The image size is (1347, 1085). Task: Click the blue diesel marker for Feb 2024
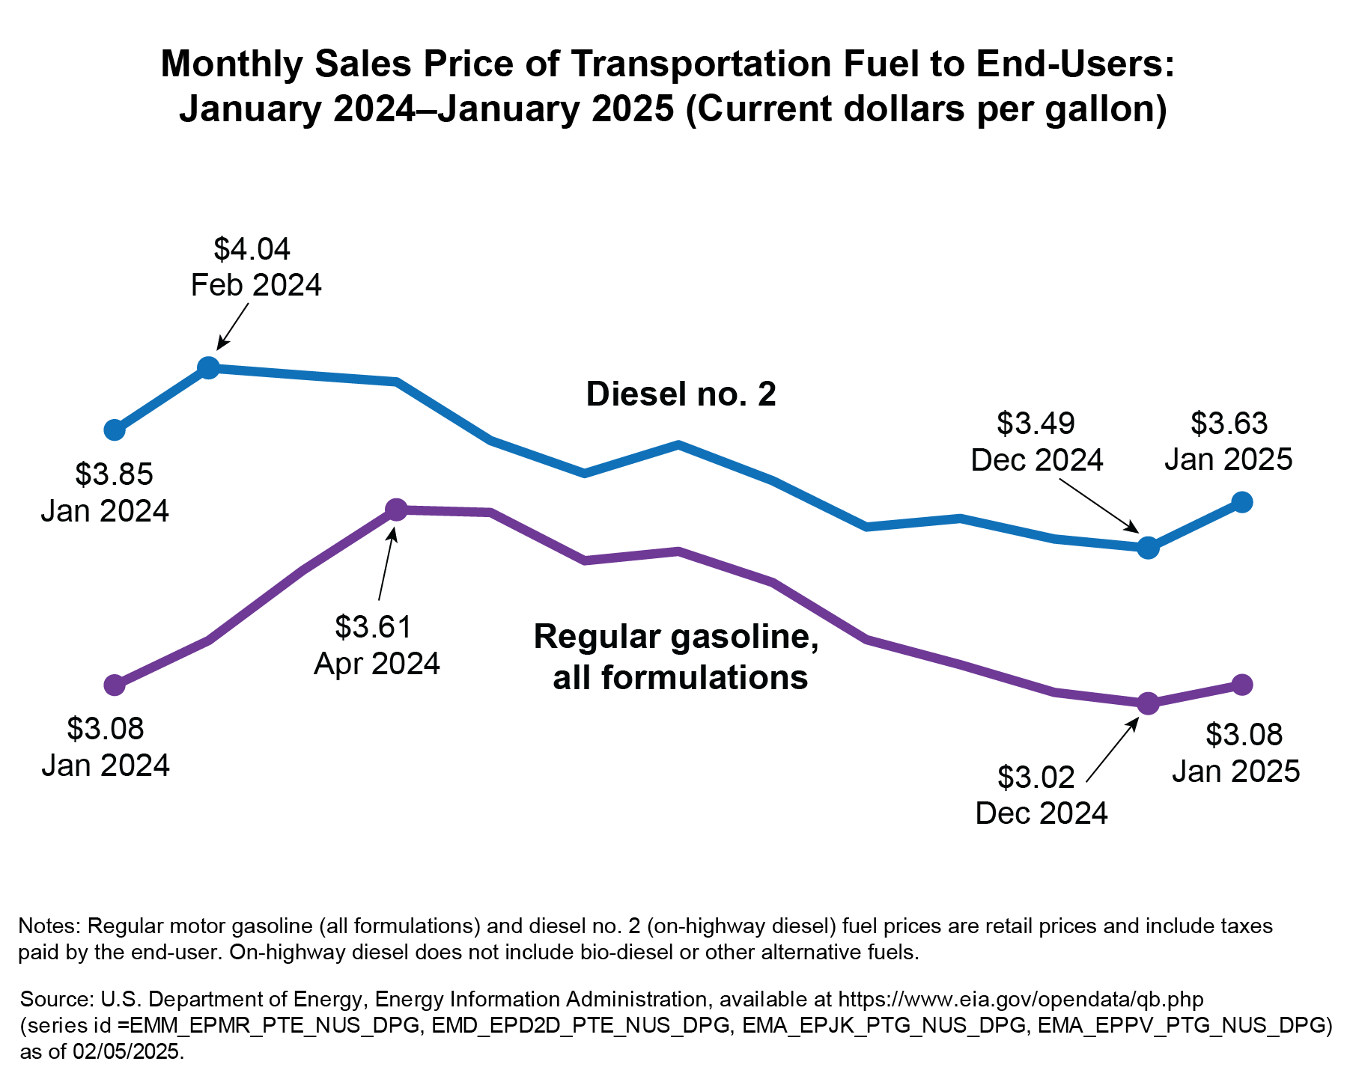coord(208,367)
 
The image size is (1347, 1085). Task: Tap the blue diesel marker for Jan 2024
coord(114,430)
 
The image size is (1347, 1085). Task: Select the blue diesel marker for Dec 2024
coord(1148,548)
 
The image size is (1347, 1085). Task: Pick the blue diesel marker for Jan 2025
coord(1241,502)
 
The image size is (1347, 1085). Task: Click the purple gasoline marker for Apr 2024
coord(396,510)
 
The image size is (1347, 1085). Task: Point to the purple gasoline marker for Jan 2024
coord(114,685)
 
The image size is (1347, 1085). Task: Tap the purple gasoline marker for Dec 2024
coord(1148,703)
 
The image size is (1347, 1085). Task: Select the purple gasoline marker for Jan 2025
coord(1241,684)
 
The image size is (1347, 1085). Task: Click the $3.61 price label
coord(374,627)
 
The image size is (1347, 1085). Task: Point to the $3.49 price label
coord(1036,424)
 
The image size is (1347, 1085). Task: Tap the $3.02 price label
coord(1036,777)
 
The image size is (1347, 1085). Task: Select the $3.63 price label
coord(1229,424)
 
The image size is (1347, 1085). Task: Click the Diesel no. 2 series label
coord(681,394)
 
